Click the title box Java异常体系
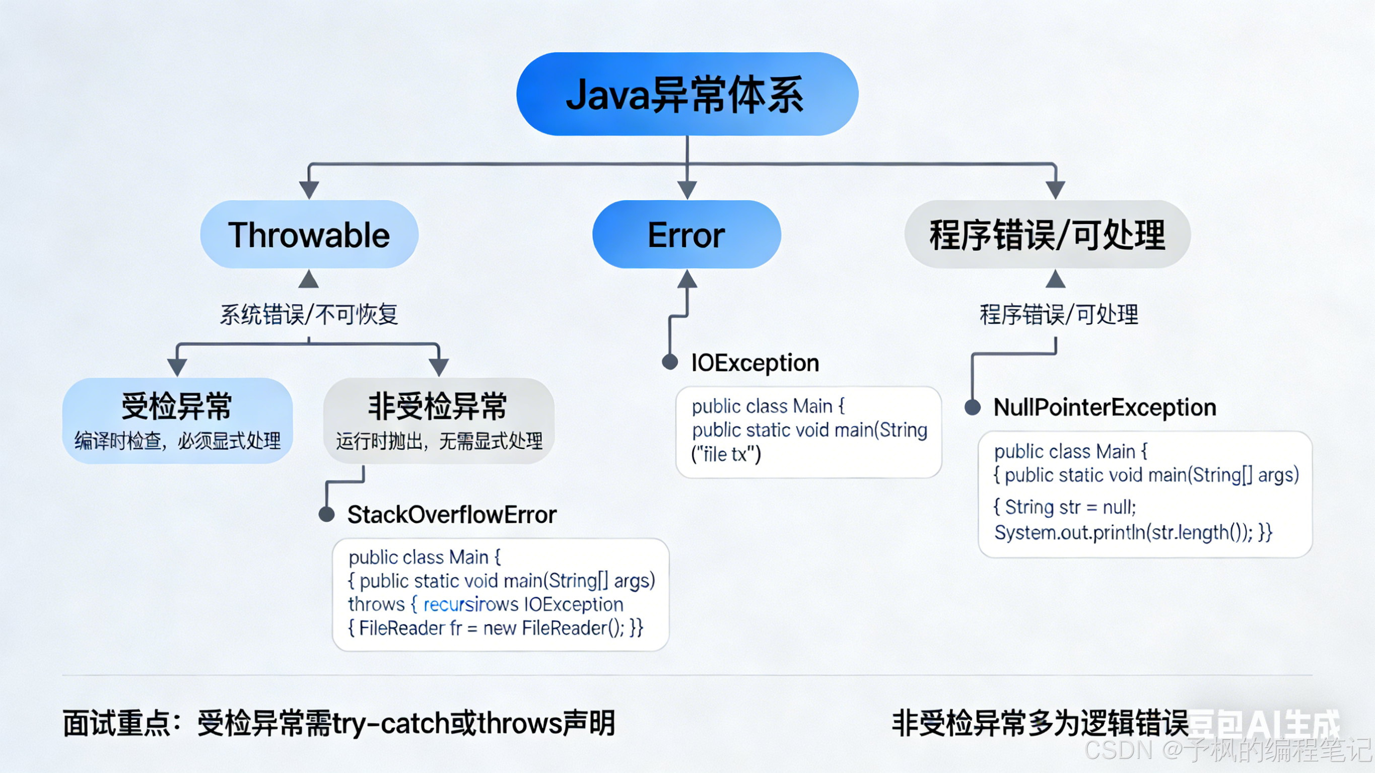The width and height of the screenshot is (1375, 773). coord(687,94)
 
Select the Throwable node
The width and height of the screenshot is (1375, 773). coord(309,235)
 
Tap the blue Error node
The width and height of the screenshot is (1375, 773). coord(686,235)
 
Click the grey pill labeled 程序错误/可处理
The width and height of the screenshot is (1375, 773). coord(1047,235)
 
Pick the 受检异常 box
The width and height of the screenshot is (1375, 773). coord(177,420)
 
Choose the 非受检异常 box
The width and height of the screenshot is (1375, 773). coord(439,420)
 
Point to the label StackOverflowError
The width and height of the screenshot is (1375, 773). coord(452,515)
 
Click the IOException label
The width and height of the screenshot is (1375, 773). coord(755,363)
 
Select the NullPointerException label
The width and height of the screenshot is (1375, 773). coord(1105,408)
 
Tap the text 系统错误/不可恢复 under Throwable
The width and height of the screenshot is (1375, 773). coord(309,314)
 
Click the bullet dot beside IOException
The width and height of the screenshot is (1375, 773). coord(670,362)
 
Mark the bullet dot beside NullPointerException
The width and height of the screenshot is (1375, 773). coord(973,408)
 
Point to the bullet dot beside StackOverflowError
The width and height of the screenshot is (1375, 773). coord(327,515)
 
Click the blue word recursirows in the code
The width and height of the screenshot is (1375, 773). coord(470,604)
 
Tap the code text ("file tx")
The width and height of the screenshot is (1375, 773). coord(726,454)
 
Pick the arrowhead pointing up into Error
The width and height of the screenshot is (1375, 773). coord(687,278)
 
